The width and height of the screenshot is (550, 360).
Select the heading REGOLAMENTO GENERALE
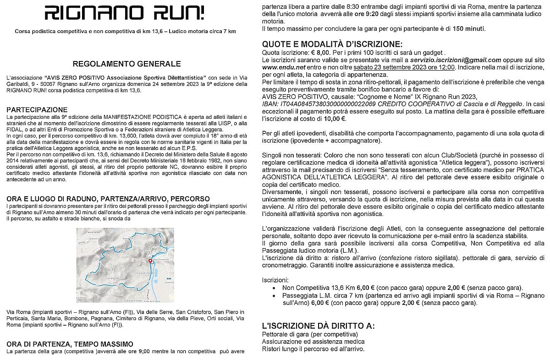(126, 64)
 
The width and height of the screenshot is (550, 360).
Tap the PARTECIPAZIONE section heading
(37, 110)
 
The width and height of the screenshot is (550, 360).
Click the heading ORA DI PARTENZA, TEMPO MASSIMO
(70, 344)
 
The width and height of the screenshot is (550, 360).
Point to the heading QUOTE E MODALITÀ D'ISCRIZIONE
(332, 44)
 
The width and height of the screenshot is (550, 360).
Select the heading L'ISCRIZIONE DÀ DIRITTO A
(318, 327)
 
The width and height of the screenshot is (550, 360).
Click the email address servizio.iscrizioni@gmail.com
(448, 60)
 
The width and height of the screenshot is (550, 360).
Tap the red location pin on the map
(150, 260)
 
